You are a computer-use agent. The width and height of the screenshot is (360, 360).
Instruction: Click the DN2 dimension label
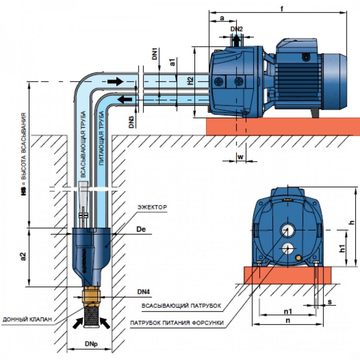(236, 29)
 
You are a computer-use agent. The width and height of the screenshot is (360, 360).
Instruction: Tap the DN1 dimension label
(155, 54)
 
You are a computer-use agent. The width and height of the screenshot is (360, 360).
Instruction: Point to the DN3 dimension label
(131, 122)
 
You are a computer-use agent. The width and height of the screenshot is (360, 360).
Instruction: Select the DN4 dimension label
(144, 292)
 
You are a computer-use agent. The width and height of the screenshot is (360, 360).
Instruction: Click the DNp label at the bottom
(91, 344)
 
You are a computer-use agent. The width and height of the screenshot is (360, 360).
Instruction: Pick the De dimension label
(141, 229)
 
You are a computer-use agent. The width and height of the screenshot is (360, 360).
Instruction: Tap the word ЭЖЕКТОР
(152, 207)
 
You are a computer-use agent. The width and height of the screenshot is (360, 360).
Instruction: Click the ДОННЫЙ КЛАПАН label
(27, 319)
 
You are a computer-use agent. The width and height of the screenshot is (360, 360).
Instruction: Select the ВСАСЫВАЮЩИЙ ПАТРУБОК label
(181, 306)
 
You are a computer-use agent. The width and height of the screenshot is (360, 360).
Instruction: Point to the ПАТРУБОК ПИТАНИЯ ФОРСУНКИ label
(177, 323)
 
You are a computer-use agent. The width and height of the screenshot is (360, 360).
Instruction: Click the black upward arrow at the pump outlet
(236, 41)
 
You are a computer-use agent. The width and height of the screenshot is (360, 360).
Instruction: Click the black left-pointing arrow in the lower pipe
(125, 100)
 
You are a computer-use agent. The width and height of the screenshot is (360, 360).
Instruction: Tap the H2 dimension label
(190, 81)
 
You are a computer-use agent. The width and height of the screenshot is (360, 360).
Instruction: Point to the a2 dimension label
(23, 256)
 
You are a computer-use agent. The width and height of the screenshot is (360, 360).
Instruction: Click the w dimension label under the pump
(240, 157)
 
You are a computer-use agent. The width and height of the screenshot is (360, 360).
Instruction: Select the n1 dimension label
(288, 311)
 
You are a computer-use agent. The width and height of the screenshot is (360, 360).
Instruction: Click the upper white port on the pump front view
(287, 230)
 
